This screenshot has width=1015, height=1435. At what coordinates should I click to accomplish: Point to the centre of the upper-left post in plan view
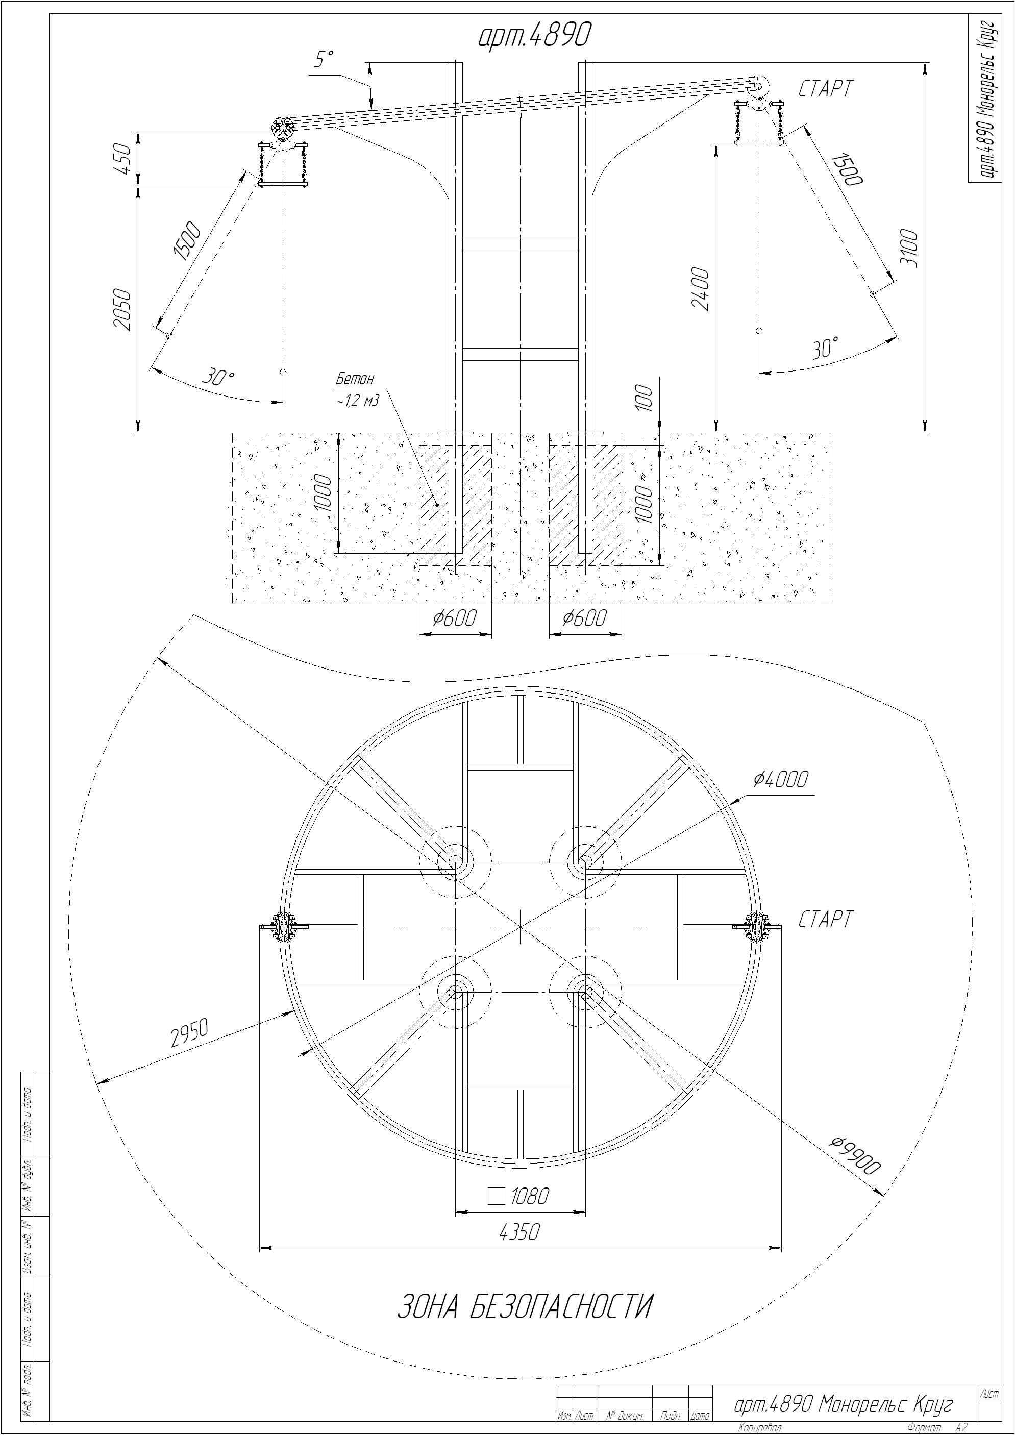pos(455,862)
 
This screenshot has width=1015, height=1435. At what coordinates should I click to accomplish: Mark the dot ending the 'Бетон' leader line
pos(437,505)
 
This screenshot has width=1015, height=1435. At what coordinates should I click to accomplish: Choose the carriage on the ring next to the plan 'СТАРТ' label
pos(759,927)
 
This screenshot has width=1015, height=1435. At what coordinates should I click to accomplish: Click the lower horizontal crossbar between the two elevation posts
pos(520,354)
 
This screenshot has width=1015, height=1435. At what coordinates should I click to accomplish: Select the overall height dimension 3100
pos(911,248)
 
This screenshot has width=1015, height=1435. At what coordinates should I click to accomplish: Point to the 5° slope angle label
pos(324,60)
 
